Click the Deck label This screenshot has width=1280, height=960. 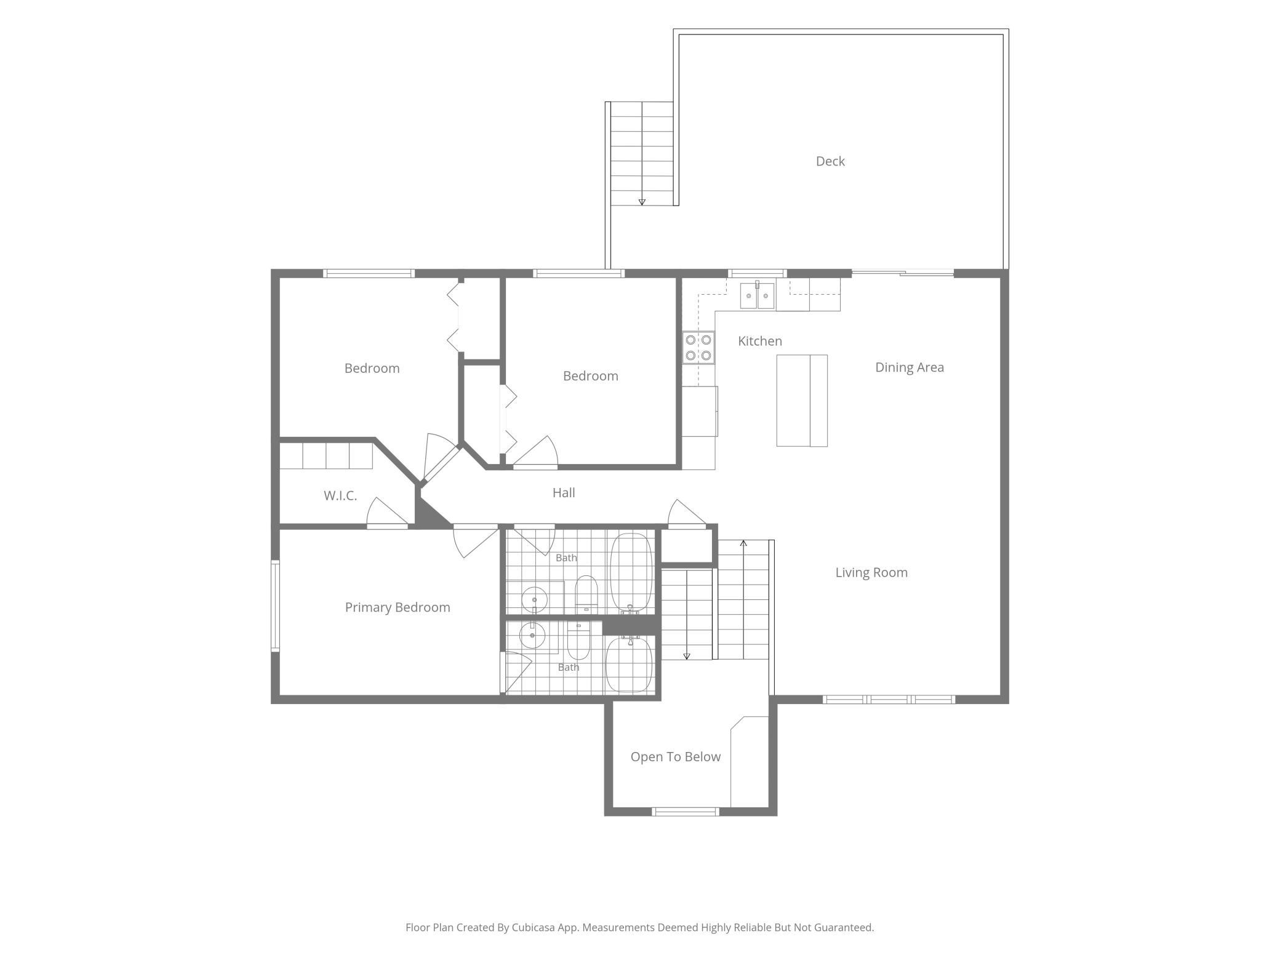830,161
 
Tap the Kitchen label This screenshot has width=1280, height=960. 760,341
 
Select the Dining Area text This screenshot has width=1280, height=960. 910,367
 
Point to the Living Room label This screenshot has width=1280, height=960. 871,572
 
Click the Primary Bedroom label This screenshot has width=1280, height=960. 398,607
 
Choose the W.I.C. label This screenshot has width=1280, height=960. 340,496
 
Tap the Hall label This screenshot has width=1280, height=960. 564,492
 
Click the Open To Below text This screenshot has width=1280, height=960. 676,757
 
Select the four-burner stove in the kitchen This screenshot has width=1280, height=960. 698,348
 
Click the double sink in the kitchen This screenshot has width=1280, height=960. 757,295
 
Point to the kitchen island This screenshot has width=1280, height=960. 802,401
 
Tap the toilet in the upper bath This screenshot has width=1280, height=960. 586,594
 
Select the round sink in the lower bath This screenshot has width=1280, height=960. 532,635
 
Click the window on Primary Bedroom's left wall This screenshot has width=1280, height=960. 276,606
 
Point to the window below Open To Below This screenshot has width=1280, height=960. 686,812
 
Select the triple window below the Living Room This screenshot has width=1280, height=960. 889,699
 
